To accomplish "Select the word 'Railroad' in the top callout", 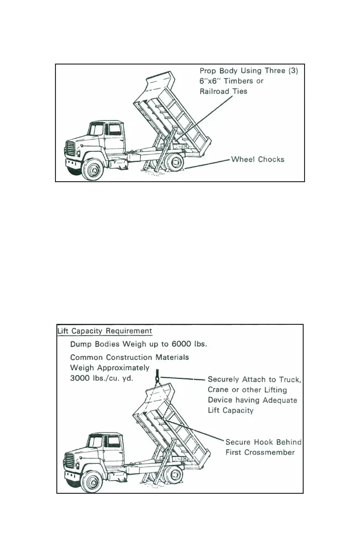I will click(x=215, y=91).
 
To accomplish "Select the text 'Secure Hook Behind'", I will click(x=264, y=442).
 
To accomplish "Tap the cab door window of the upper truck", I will click(x=110, y=130).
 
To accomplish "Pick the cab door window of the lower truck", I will click(x=111, y=442).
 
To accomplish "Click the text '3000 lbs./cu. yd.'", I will click(x=101, y=378).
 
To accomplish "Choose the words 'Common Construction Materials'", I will click(x=130, y=357).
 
